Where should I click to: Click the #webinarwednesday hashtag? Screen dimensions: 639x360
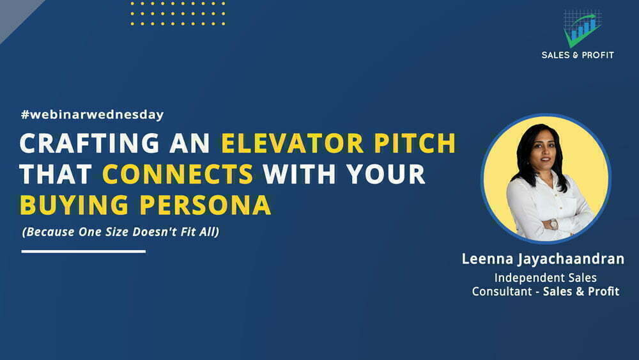coord(93,114)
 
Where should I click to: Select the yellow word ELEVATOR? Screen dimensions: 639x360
coord(292,143)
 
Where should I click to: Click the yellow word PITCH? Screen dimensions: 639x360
coord(415,143)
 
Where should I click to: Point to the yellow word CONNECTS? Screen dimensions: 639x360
coord(178,174)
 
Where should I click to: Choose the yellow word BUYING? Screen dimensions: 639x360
coord(74,205)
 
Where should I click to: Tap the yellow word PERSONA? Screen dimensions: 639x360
coord(205,205)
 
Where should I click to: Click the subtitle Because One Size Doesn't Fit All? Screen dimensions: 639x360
coord(121,232)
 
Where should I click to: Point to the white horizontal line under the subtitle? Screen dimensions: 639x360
coord(84,251)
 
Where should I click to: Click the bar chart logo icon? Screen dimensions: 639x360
coord(582,27)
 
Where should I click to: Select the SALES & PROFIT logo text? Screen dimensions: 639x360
coord(578,55)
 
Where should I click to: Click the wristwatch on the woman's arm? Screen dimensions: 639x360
coord(553,224)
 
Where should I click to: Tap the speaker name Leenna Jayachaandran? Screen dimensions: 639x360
coord(543,259)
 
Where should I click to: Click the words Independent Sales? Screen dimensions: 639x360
coord(545,278)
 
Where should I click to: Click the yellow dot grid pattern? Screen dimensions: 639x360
coord(178,13)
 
